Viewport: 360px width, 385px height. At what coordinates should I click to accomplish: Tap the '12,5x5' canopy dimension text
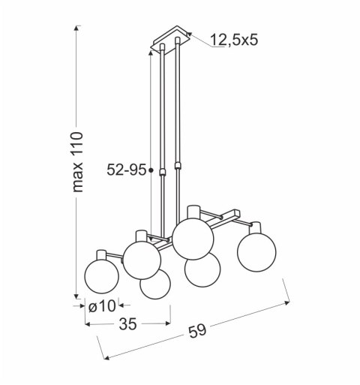point(233,40)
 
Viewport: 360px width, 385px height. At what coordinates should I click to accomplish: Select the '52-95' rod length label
point(126,170)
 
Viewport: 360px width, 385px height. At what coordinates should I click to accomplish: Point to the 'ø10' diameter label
point(101,306)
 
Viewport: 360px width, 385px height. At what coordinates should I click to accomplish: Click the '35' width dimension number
point(127,325)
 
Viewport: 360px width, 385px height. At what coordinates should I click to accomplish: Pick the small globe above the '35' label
point(154,285)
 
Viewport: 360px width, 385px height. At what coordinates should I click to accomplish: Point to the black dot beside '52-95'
point(151,171)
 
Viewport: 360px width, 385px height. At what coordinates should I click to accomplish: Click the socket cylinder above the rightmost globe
point(256,227)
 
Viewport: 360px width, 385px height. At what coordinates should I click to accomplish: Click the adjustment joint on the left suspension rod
point(160,173)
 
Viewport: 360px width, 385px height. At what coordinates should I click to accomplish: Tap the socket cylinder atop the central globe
point(193,210)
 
